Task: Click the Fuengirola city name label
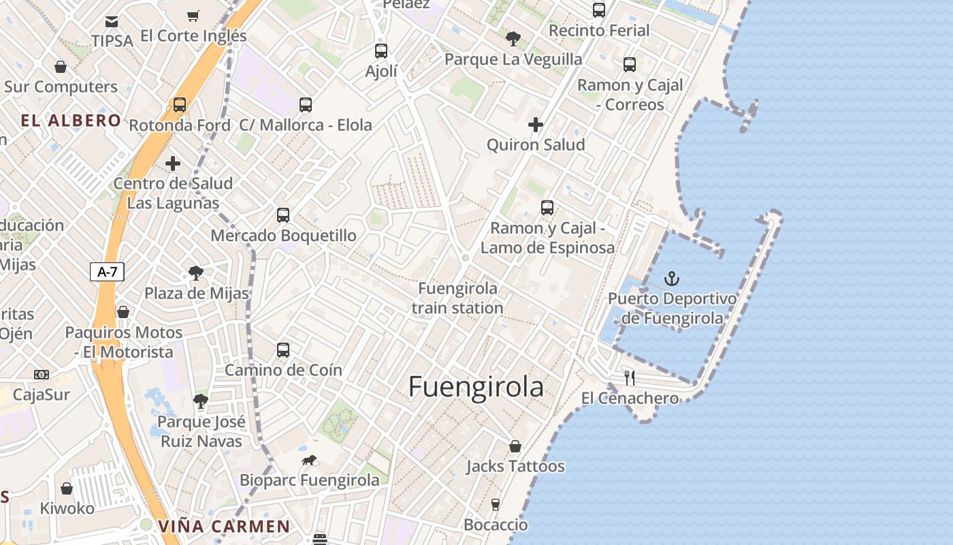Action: [x=476, y=387]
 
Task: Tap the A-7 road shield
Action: [x=108, y=272]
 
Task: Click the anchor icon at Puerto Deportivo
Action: [x=672, y=279]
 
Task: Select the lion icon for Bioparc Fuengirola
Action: [x=309, y=461]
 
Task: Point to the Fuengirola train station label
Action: [x=457, y=298]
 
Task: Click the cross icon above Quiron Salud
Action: [x=536, y=125]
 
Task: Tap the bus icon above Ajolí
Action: [x=381, y=50]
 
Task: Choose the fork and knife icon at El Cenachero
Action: [x=630, y=378]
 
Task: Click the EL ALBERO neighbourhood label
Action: [x=71, y=121]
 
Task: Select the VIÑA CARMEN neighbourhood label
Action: [x=224, y=527]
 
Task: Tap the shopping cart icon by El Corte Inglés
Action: [x=193, y=16]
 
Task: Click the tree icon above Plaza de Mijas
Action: [x=196, y=273]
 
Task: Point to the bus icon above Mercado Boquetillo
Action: [x=283, y=215]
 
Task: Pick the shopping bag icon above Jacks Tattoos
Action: [x=515, y=446]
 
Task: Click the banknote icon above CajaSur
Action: [x=42, y=375]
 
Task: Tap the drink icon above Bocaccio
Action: [x=496, y=505]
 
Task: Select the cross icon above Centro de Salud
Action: [x=173, y=163]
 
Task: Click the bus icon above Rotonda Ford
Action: [x=180, y=105]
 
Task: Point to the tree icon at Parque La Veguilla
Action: [x=513, y=39]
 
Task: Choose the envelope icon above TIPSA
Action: [x=112, y=22]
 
